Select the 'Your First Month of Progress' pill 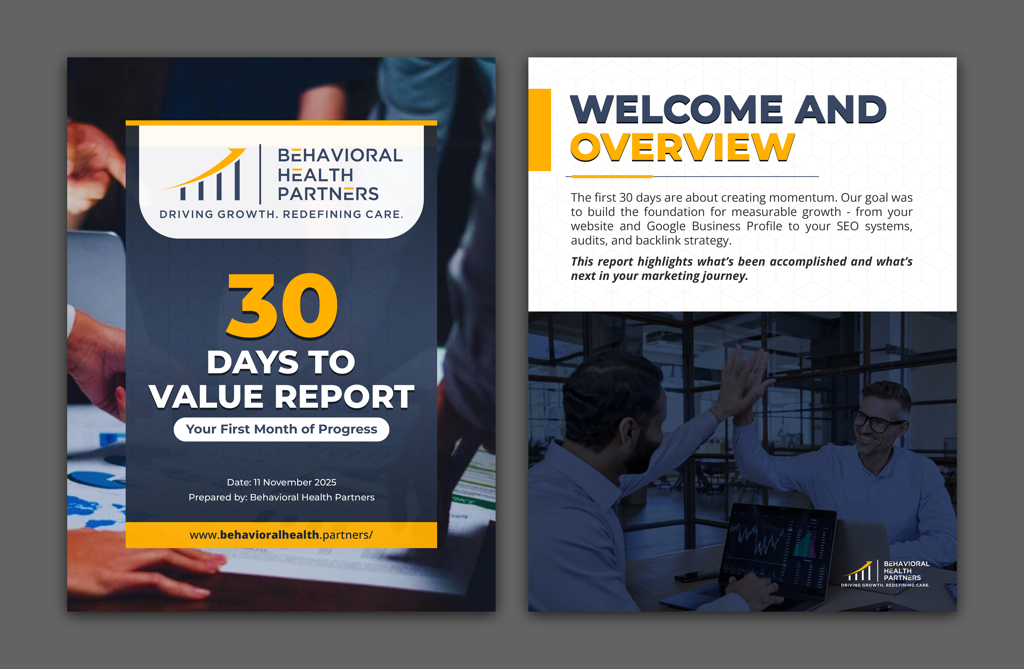pos(281,429)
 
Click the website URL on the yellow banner pos(281,535)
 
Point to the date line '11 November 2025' pos(281,482)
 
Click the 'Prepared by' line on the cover pos(281,497)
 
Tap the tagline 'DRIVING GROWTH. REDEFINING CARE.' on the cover pos(281,214)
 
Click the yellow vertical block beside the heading pos(539,129)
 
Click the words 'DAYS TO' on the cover pos(281,362)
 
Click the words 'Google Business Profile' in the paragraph pos(715,226)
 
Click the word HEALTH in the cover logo pos(315,175)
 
